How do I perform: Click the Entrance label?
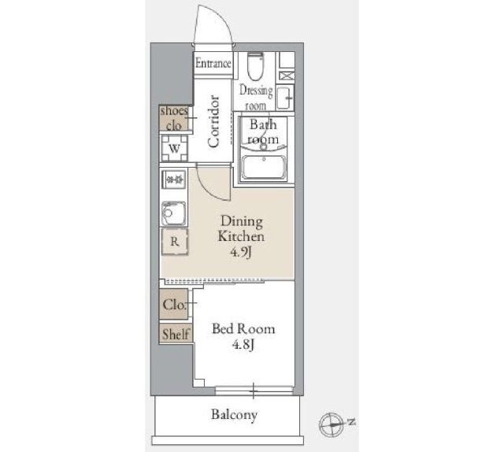[213, 63]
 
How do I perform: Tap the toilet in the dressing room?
[256, 66]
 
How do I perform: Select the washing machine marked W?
[175, 148]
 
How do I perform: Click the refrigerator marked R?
[175, 242]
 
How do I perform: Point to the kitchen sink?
[173, 213]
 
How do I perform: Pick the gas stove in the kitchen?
[174, 180]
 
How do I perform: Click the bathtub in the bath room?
[264, 167]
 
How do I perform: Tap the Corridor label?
[213, 121]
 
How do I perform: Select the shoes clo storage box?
[174, 118]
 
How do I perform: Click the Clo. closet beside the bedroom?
[174, 304]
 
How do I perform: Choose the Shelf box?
[176, 334]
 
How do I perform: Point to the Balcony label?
[234, 415]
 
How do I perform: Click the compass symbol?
[332, 424]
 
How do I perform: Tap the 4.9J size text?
[240, 253]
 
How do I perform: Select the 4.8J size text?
[243, 345]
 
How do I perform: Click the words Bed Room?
[243, 329]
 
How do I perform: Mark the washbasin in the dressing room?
[285, 98]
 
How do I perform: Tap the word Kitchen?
[241, 236]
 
